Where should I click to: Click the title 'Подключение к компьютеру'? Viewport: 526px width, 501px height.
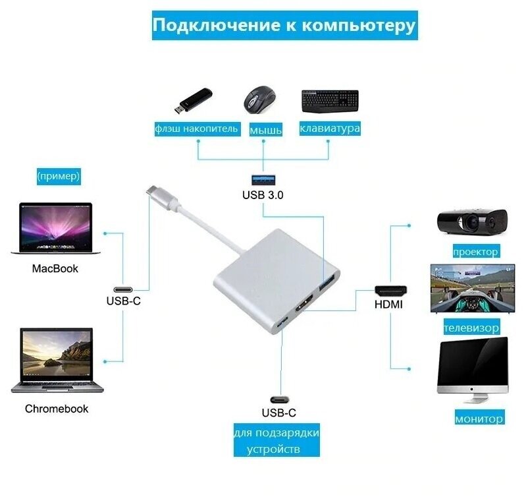(284, 26)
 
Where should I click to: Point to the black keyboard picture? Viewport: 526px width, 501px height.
(330, 100)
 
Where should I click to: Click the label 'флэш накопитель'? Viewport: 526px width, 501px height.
(196, 128)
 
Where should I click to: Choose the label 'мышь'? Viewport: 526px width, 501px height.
(265, 129)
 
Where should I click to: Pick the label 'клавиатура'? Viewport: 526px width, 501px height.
(330, 128)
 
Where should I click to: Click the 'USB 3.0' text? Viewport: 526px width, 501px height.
(263, 194)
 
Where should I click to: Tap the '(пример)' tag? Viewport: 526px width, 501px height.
(59, 176)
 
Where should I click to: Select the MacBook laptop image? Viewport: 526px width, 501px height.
(55, 228)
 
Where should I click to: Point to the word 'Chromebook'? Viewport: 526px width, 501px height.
(57, 409)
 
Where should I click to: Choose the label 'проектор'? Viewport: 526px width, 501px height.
(475, 251)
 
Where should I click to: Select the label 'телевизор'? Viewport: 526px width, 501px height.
(471, 327)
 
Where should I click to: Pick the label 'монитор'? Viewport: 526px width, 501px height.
(479, 418)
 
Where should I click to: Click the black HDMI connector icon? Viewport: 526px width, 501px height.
(390, 290)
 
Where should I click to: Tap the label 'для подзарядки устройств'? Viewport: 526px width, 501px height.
(276, 441)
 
